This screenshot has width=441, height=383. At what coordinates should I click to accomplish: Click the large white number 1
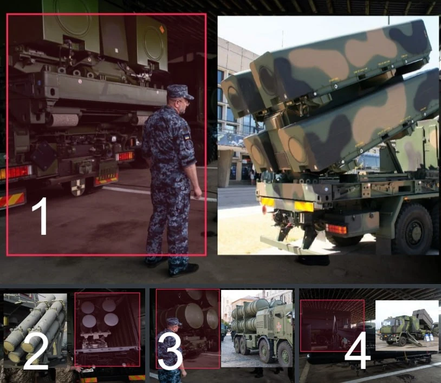tap(40, 216)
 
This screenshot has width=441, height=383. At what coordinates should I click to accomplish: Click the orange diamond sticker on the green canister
tap(162, 29)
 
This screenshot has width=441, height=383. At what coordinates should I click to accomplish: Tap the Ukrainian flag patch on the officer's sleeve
tap(187, 137)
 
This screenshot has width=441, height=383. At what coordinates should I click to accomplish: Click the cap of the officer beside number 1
tap(179, 92)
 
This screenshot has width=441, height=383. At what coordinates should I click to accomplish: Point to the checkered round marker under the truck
tap(78, 187)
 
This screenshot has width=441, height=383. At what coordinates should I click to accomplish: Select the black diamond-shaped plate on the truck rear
tap(44, 155)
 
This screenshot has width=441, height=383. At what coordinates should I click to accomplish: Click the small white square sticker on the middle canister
tap(116, 50)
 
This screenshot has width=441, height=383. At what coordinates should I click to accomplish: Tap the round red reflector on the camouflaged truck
tap(264, 209)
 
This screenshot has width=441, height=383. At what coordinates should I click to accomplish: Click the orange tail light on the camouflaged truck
tap(336, 229)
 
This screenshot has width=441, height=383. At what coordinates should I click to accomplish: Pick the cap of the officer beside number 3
tap(174, 321)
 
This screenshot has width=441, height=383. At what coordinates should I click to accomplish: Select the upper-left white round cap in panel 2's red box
tap(87, 307)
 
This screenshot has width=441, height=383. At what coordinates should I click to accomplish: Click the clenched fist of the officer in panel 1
tap(197, 193)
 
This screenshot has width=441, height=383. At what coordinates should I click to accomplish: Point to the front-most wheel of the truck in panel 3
tap(284, 354)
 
